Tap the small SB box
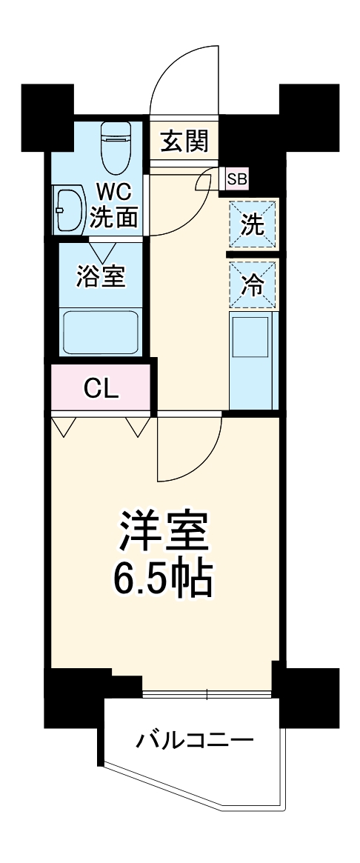(237, 179)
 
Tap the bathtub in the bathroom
(102, 332)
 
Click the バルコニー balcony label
(194, 740)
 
